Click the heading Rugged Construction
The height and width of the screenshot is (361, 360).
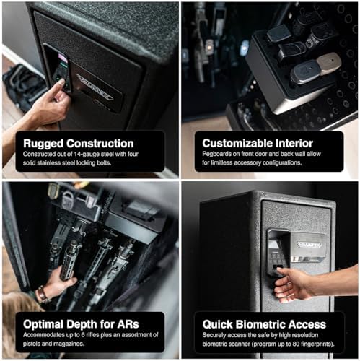pyautogui.click(x=79, y=143)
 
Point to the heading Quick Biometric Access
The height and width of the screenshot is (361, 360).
pyautogui.click(x=264, y=324)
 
